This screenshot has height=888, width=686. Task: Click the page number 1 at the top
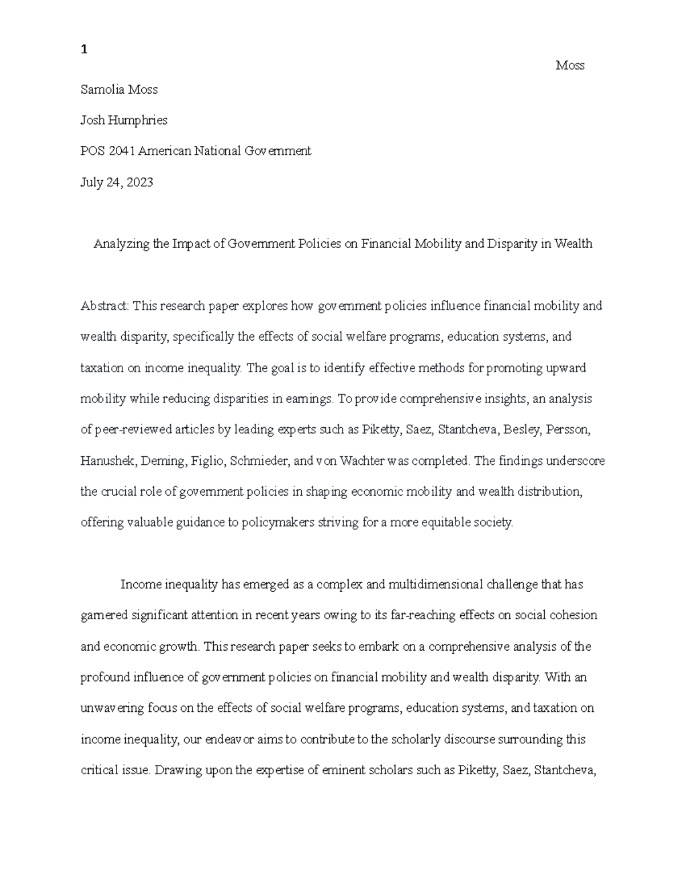(84, 50)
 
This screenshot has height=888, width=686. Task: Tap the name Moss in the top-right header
(569, 66)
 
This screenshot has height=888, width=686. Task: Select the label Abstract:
(105, 306)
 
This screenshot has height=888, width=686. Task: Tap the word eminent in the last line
(324, 770)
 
